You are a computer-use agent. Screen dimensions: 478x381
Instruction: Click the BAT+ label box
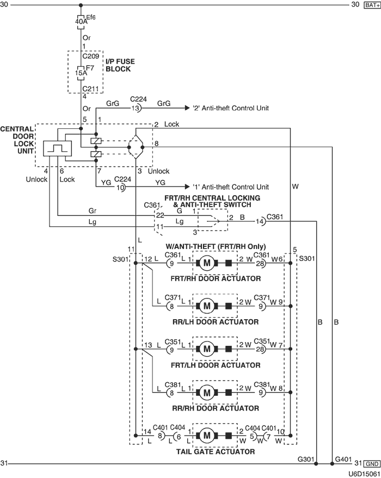pos(370,5)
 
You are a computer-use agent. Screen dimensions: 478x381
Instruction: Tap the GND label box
pos(371,464)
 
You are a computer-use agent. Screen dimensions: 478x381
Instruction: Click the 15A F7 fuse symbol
pos(81,71)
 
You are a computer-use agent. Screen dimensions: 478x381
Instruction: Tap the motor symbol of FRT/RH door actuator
pos(207,264)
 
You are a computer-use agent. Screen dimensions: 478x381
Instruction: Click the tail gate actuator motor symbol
pos(207,435)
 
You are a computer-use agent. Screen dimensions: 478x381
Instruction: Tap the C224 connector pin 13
pos(136,108)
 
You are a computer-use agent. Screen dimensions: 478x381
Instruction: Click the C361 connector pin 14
pos(261,221)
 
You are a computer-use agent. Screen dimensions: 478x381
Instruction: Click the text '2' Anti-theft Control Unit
pos(231,108)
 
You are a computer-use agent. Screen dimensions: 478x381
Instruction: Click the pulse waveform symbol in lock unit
pos(54,148)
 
